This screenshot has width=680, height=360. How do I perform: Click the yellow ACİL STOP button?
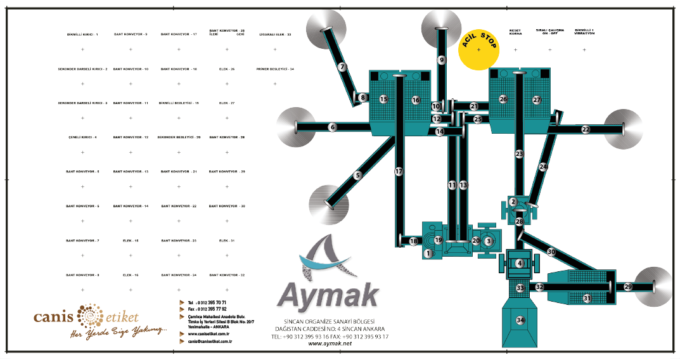coord(479,49)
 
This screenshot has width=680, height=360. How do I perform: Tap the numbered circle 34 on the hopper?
coord(520,319)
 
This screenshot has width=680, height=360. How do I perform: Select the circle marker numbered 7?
coord(342,67)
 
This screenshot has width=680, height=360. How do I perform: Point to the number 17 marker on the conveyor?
coord(399,172)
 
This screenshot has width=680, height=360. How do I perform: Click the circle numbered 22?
coord(586,129)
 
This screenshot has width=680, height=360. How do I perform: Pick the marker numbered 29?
coord(628,286)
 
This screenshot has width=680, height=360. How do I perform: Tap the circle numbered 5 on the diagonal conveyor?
coord(358,176)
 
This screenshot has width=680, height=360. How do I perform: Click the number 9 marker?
coord(442,60)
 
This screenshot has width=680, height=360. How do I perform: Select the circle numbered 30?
coord(551,252)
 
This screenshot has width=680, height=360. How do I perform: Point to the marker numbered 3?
coord(489,241)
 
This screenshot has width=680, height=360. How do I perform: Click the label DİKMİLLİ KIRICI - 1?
coord(82,34)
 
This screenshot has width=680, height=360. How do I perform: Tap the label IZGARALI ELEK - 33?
coord(275,34)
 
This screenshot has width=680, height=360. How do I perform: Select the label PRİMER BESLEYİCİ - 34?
coord(275,68)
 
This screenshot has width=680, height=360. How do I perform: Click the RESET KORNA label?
coord(515,32)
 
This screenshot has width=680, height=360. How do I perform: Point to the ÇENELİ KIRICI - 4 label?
coord(82,138)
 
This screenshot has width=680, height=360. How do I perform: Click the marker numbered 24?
coord(543,167)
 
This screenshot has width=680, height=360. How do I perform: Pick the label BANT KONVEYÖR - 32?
coord(226,275)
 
